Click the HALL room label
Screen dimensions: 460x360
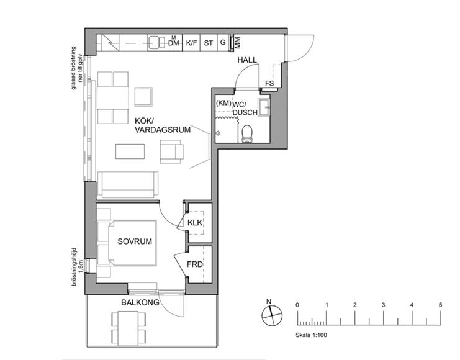247,60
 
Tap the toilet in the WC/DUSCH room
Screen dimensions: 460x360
247,134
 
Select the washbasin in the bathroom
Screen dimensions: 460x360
264,107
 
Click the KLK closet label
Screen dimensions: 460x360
195,223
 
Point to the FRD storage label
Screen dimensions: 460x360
195,264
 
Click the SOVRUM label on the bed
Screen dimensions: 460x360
135,241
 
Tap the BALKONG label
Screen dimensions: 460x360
140,302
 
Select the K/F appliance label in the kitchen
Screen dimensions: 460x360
192,43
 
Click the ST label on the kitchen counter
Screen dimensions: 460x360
209,43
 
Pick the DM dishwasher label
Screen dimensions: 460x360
173,43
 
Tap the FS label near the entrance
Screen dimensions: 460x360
269,83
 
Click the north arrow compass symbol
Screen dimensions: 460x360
272,315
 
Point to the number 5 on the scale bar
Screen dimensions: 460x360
440,305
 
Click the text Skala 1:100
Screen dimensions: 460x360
311,335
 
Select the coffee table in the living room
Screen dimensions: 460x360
130,151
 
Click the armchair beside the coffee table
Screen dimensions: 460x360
171,151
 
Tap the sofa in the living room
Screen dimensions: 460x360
128,184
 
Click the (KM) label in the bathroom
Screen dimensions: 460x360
223,103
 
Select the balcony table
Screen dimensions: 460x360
128,328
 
